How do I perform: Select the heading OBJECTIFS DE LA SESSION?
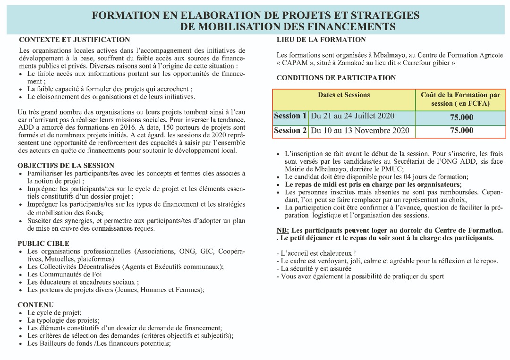[66, 166]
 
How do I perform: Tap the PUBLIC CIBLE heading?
[42, 243]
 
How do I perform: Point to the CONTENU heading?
[35, 305]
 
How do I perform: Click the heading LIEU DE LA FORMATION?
[321, 40]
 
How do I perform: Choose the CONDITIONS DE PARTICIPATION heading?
[336, 77]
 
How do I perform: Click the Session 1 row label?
[290, 116]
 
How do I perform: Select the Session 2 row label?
[290, 131]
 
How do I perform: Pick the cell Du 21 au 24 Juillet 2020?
[352, 116]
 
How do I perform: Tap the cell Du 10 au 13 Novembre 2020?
[360, 131]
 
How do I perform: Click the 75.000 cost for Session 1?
[461, 117]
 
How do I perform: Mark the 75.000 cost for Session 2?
[461, 131]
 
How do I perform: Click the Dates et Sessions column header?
[344, 95]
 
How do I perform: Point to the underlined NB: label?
[283, 230]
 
